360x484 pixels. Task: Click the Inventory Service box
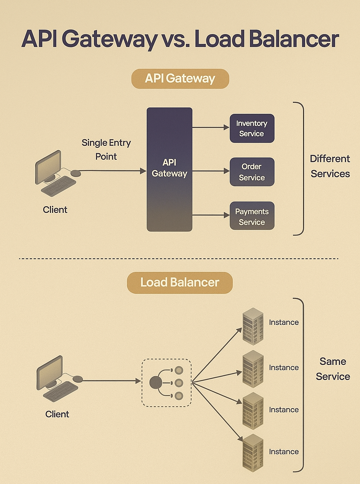tap(252, 128)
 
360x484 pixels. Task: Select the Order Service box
tap(252, 172)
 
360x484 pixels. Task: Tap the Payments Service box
tap(252, 216)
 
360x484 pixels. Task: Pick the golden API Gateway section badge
tap(180, 78)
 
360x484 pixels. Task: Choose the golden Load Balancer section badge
tap(180, 282)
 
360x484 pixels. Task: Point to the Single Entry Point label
tap(106, 149)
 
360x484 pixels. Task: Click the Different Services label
tap(330, 166)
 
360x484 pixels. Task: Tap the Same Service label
tap(333, 369)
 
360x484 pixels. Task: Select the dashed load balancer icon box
tap(166, 383)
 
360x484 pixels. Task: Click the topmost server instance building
tap(253, 326)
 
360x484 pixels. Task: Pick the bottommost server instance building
tap(253, 453)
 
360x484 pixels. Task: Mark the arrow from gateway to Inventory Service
tap(211, 127)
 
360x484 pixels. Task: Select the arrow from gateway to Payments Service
tap(211, 215)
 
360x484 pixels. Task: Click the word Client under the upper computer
tap(55, 210)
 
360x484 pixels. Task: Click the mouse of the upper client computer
tap(76, 173)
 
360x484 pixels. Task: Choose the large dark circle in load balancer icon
tap(155, 382)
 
